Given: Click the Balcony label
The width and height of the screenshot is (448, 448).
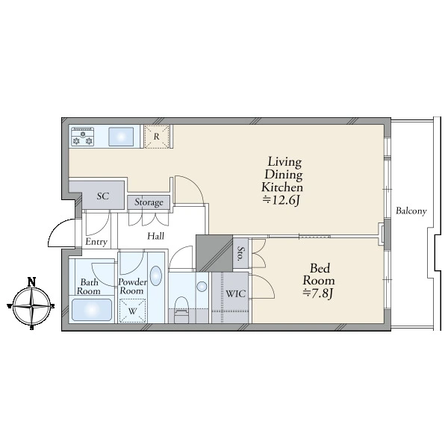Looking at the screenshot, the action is (411, 211).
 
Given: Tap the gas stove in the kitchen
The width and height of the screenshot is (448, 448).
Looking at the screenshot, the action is (83, 137).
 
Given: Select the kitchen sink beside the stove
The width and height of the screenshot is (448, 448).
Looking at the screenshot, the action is (121, 137).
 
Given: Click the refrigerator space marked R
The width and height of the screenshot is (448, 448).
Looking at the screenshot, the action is (157, 137).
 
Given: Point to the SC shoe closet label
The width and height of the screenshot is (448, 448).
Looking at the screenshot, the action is (103, 196).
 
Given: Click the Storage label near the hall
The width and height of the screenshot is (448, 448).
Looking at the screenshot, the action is (149, 202).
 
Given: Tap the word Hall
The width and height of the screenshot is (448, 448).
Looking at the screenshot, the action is (156, 236).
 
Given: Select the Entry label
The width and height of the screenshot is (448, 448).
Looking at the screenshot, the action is (96, 242).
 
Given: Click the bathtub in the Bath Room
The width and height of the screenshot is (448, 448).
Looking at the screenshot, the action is (91, 310).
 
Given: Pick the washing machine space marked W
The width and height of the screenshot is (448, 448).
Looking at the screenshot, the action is (132, 311).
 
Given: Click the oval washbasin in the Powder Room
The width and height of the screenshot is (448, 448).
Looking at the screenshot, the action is (156, 276).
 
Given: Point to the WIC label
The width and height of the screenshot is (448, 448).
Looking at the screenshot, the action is (235, 293).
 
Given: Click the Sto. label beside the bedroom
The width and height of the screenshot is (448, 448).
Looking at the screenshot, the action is (240, 254).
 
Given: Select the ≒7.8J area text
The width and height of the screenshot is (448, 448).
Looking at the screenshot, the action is (318, 293).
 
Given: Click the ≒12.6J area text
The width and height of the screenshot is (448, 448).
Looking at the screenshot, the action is (281, 200).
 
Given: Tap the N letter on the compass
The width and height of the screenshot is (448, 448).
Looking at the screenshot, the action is (31, 282).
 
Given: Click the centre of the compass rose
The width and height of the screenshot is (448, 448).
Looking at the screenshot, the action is (31, 306).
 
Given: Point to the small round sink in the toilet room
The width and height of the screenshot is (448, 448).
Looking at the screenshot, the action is (202, 287).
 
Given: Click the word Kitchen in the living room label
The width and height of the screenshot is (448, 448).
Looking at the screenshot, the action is (282, 187).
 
